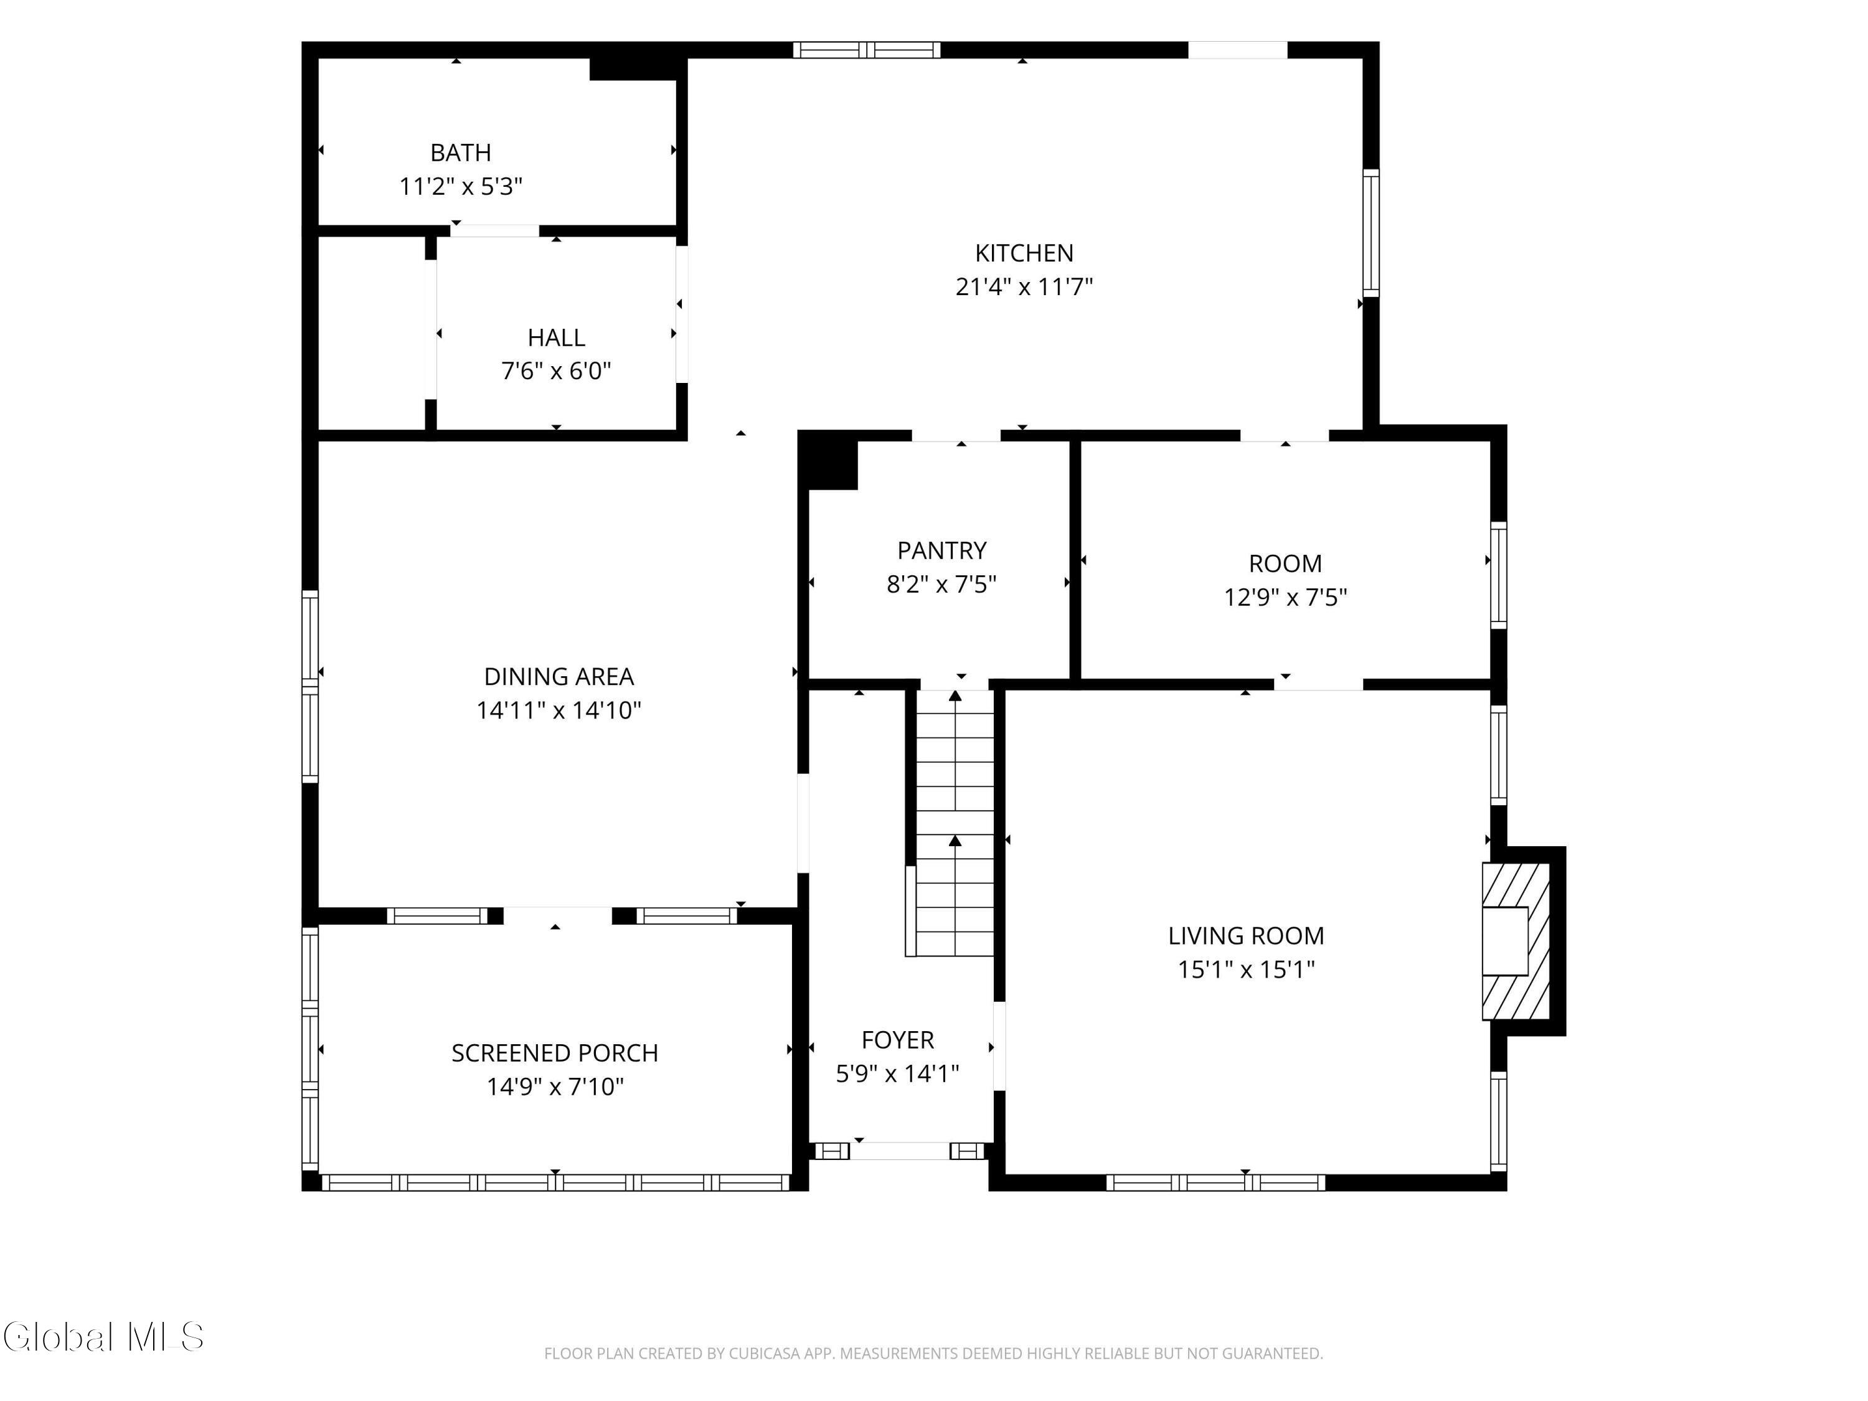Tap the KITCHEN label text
(1024, 253)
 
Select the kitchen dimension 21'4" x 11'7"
(1024, 287)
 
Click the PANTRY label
(941, 550)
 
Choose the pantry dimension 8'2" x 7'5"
(941, 585)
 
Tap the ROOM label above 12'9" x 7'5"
(1285, 564)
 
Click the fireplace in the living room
(1517, 941)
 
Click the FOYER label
(898, 1040)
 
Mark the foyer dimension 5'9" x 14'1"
(898, 1073)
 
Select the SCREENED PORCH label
(555, 1053)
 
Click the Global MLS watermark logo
(103, 1337)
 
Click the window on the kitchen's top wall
(867, 50)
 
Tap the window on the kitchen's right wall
(1372, 233)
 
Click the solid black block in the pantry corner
(828, 460)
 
